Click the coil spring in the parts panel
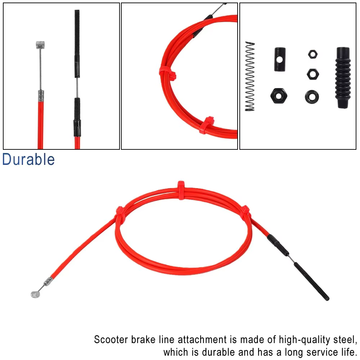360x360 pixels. (x=250, y=76)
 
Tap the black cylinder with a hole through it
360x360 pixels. (x=280, y=59)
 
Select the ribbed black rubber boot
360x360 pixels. (x=343, y=78)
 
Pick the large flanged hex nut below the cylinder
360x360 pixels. (x=279, y=96)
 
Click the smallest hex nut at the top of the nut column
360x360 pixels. (x=313, y=54)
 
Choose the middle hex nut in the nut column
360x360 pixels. (x=312, y=74)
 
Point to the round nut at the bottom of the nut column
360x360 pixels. (x=312, y=96)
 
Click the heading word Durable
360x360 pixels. (x=28, y=159)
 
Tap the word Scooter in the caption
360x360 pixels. (x=111, y=339)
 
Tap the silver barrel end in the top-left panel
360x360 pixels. (x=40, y=45)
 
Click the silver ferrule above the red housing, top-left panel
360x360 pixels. (x=41, y=96)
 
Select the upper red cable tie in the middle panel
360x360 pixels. (x=167, y=73)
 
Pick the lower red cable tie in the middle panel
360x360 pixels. (x=206, y=125)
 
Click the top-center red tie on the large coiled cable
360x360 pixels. (x=181, y=190)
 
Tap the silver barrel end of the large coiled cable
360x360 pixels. (x=35, y=294)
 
